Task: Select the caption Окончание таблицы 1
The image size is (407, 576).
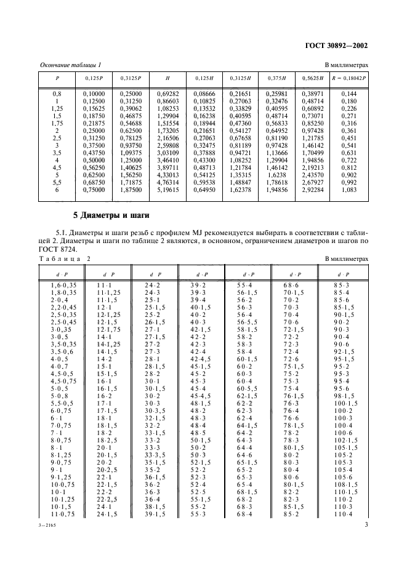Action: pyautogui.click(x=70, y=65)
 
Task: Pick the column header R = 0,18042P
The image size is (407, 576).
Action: pyautogui.click(x=349, y=78)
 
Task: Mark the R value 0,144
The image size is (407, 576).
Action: pyautogui.click(x=349, y=93)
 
